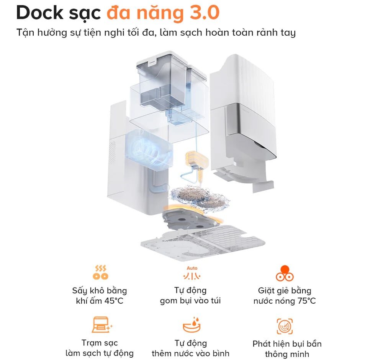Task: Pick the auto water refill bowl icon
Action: click(191, 325)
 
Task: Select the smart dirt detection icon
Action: click(285, 326)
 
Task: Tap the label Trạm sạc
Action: click(100, 343)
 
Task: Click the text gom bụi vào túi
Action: click(190, 301)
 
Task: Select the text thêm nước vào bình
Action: click(190, 353)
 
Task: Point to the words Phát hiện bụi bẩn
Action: click(287, 344)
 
